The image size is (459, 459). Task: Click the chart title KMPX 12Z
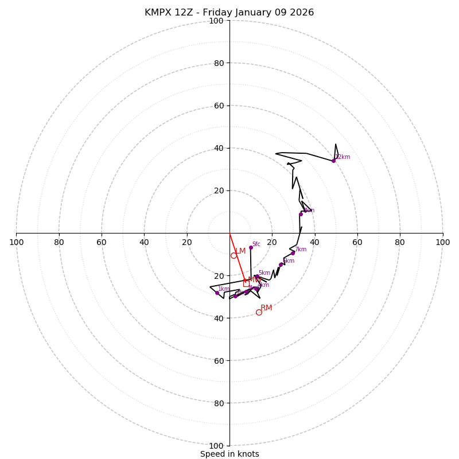229,13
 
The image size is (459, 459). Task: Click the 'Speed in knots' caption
229,454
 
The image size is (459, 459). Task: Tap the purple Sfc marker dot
251,247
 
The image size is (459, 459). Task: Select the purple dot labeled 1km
217,293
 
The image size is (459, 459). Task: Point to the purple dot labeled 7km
293,253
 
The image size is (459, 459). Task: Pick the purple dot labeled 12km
333,161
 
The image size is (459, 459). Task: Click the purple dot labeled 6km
281,264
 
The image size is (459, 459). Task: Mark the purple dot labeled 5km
256,277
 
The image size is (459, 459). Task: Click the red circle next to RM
259,312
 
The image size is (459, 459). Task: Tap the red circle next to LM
234,255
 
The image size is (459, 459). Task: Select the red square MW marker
246,283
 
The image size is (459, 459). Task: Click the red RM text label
266,308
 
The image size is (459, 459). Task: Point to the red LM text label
241,251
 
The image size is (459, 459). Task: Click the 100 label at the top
216,21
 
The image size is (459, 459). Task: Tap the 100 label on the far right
442,242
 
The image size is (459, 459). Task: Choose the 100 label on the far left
16,242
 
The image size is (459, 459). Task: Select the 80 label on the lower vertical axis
216,403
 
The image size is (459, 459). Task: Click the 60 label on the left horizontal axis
102,242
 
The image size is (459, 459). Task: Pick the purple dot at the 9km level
301,214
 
